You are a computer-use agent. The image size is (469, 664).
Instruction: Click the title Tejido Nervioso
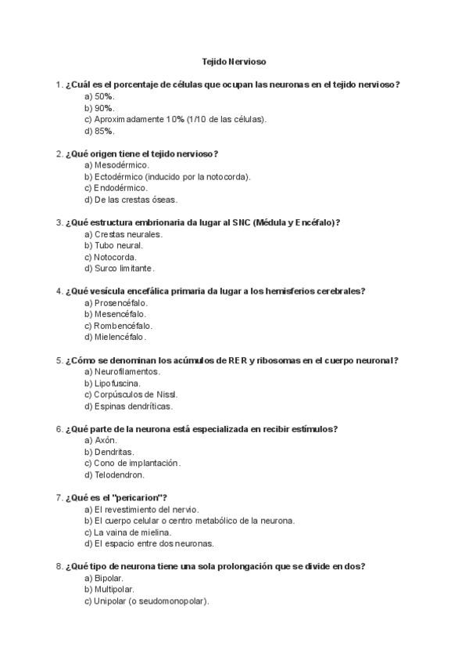234,61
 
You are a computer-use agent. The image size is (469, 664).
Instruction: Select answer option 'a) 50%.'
100,96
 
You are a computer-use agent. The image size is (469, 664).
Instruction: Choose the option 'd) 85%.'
100,131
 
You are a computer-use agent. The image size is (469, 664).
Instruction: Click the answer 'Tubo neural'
113,245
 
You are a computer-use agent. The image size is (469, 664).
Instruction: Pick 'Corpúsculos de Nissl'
130,395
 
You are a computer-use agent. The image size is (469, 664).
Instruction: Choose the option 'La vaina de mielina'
127,532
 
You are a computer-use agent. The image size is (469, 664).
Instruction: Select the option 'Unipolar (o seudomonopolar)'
147,601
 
